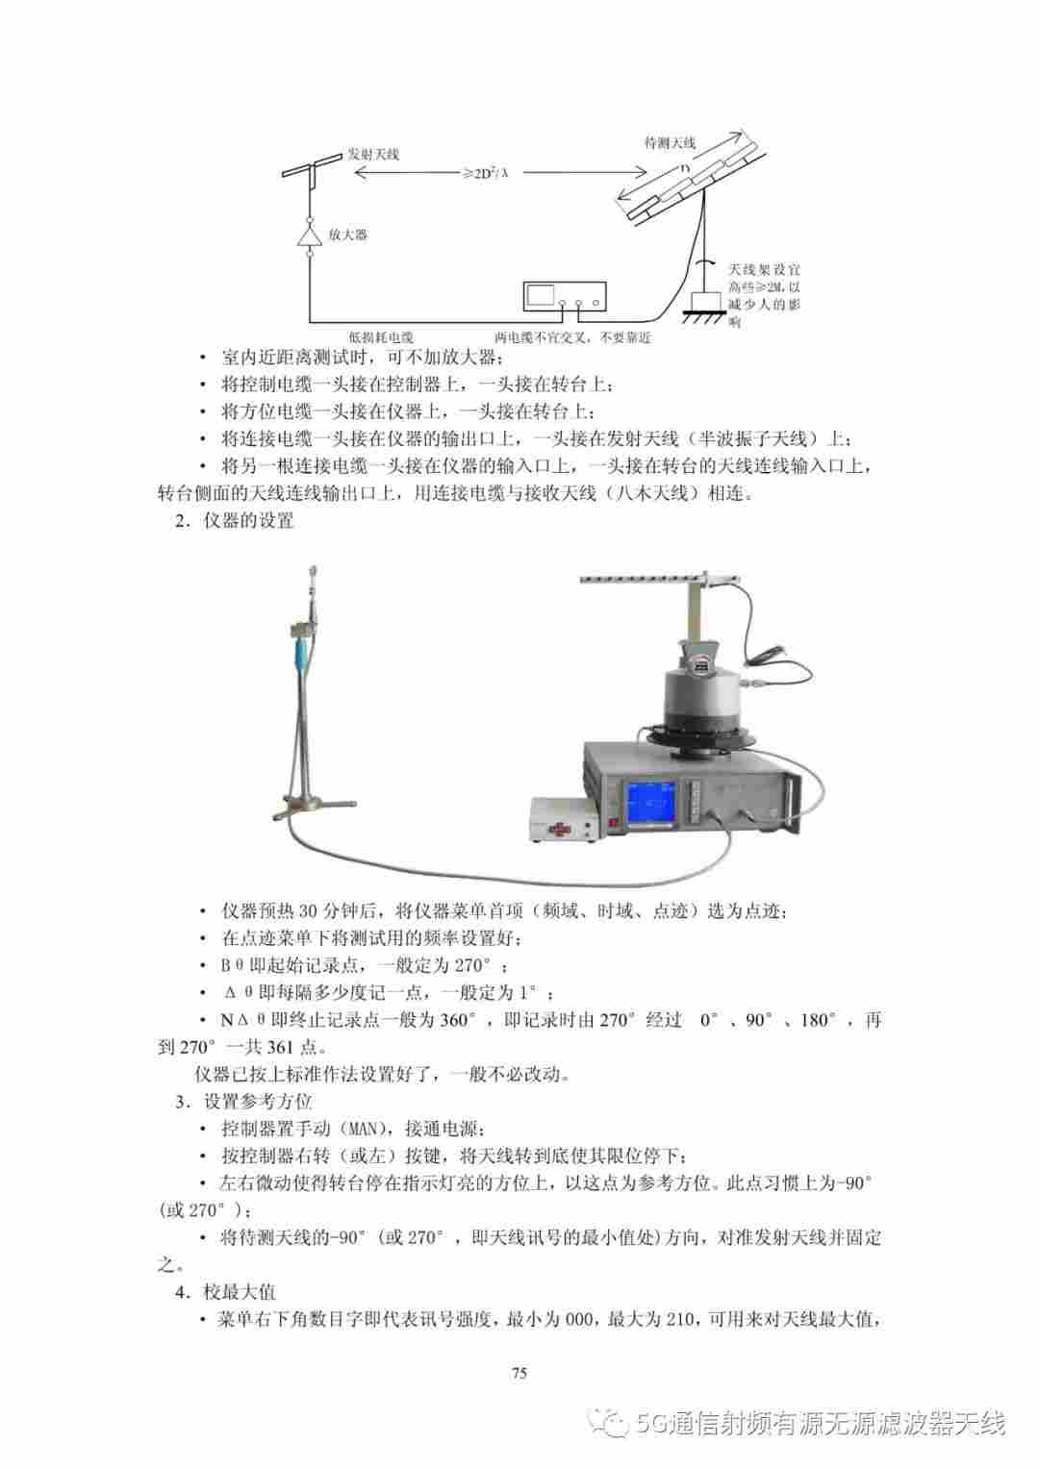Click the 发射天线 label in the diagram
coord(373,155)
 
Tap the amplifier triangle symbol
coord(309,236)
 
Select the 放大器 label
coord(347,235)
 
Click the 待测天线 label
coord(670,142)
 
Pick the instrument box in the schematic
coord(565,296)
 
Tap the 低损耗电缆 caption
coord(381,337)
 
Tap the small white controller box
coord(565,819)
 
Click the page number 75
coord(519,1373)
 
